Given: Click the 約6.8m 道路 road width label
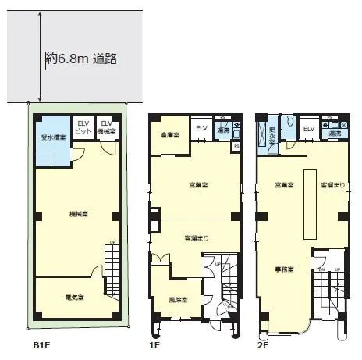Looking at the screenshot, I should tap(81, 58).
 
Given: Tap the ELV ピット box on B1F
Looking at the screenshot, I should tap(83, 128).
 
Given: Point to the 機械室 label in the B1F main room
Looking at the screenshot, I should tap(77, 213).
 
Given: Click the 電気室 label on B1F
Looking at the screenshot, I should tap(75, 298).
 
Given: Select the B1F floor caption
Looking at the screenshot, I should tap(41, 344).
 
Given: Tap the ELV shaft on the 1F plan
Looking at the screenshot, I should tap(201, 130).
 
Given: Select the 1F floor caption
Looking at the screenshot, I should tap(154, 344).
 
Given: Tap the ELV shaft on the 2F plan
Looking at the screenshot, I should tap(308, 129).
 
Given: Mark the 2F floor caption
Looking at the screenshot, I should tap(264, 344).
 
